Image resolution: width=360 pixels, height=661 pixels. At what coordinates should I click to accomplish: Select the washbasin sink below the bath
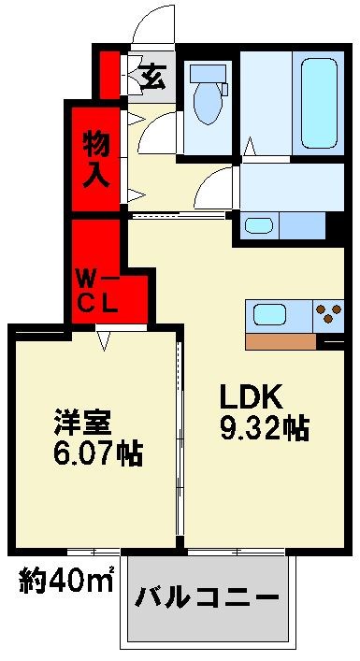coord(258,224)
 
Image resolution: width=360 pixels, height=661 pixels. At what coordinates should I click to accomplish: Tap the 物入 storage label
coord(96,158)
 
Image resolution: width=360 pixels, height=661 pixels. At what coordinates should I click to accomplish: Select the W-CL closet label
coord(95,289)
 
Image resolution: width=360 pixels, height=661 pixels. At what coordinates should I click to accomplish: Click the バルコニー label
coord(209,597)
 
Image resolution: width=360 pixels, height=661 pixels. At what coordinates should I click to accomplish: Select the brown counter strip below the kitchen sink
coord(281,341)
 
